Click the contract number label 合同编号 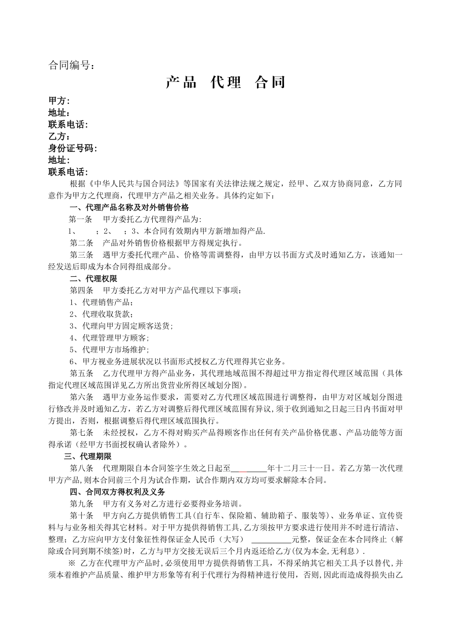(71, 66)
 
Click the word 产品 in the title (181, 83)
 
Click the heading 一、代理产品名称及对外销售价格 (129, 208)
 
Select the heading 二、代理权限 (93, 279)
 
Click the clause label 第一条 (81, 220)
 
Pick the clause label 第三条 (81, 255)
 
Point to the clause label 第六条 (81, 398)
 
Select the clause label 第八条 (81, 469)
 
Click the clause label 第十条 (81, 516)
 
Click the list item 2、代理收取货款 (101, 314)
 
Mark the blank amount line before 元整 (271, 540)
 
